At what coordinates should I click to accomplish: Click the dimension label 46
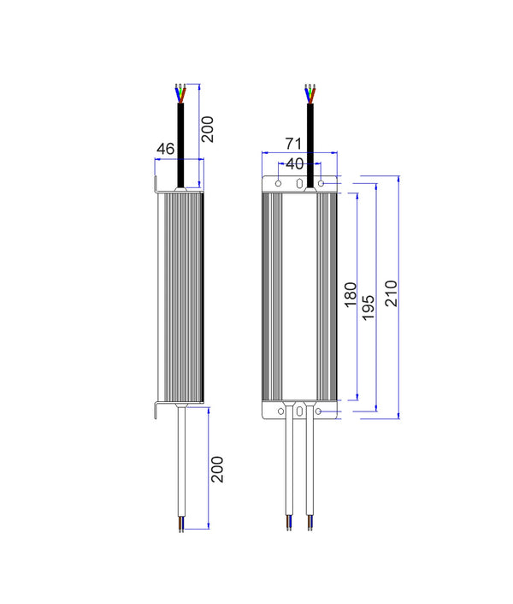point(165,149)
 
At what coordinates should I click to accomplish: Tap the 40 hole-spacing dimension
point(295,163)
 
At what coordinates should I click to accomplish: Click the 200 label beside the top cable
point(208,127)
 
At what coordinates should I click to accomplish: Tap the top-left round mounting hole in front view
point(278,183)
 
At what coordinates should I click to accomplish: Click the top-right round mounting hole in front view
point(321,183)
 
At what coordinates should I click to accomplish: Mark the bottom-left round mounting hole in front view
point(278,412)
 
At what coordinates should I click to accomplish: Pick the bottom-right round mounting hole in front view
point(320,412)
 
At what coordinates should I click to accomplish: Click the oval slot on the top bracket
point(299,183)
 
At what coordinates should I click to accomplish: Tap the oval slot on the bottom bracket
point(299,412)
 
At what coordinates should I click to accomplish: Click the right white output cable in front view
point(309,471)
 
